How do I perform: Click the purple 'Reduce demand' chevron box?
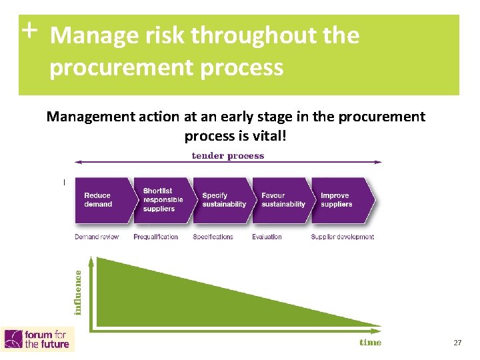pos(102,200)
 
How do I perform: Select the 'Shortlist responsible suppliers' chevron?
pos(161,200)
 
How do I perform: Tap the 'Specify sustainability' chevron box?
pos(222,200)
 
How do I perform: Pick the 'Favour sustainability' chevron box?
pos(282,200)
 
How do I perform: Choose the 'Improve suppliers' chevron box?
pos(341,200)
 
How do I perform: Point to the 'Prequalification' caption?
pos(155,237)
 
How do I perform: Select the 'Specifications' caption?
pos(213,237)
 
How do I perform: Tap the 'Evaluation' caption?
pos(267,237)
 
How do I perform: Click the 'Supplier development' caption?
pos(342,237)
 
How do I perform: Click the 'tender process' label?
pos(228,156)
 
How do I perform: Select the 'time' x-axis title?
pos(371,342)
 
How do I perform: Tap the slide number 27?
pos(457,343)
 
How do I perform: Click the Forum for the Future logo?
pos(38,339)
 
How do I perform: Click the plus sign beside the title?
pos(29,30)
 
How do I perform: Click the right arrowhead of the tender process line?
pos(379,162)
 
